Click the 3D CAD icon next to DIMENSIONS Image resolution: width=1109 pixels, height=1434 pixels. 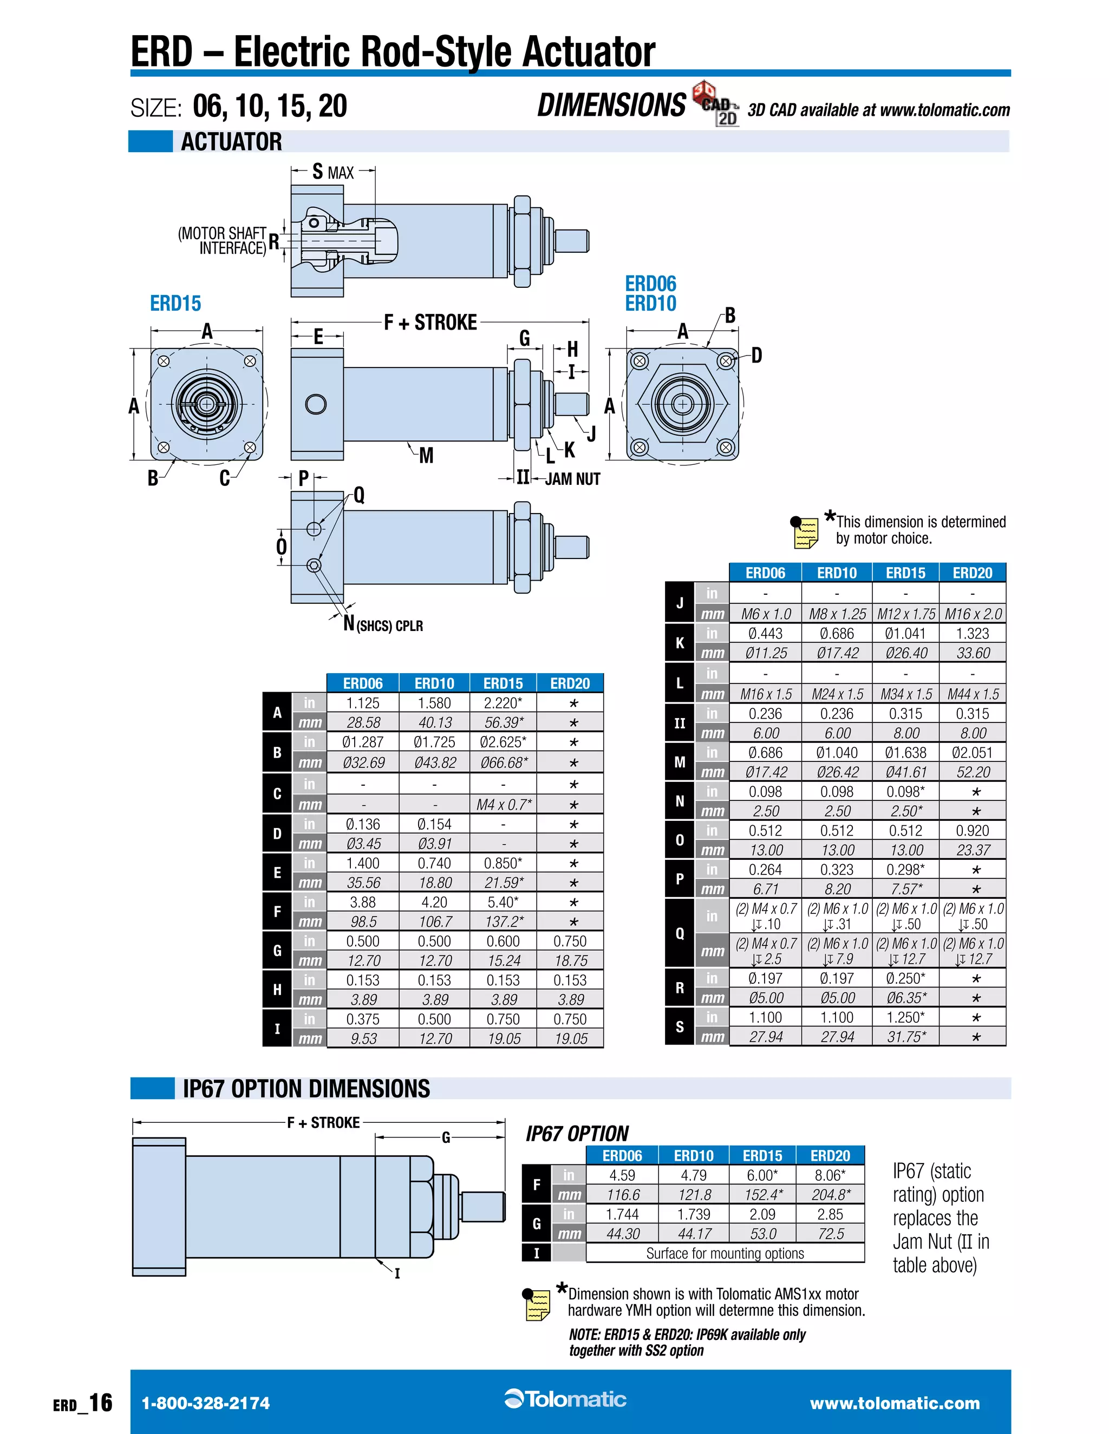(715, 103)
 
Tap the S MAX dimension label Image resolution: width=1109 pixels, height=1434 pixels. (333, 172)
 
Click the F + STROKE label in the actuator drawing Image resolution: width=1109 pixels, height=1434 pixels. (430, 323)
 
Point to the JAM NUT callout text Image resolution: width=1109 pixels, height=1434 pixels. (572, 479)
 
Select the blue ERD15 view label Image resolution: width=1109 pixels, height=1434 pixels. (175, 304)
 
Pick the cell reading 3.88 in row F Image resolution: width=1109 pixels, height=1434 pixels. (363, 902)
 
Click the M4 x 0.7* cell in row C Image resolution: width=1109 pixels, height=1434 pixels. (503, 804)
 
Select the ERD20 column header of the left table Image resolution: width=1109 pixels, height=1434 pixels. (570, 683)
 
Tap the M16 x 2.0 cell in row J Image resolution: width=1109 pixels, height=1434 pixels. (973, 614)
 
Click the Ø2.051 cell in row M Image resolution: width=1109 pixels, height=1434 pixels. (973, 753)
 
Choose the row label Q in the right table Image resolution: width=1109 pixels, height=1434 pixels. (680, 933)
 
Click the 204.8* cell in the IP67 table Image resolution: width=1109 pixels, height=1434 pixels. (831, 1194)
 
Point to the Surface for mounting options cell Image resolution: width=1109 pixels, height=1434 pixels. (725, 1253)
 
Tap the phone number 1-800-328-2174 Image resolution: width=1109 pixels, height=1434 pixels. (206, 1403)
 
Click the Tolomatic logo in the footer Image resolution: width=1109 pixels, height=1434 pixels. (566, 1399)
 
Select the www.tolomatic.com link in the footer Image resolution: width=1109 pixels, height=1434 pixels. (895, 1403)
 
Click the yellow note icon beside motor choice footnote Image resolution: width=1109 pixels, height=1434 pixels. (805, 532)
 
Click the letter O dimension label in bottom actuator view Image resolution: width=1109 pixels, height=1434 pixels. (281, 547)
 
